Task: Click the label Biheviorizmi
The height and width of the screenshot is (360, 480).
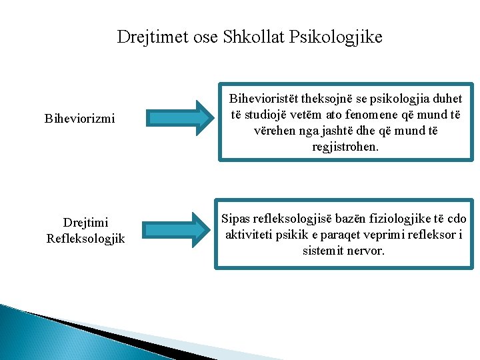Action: tap(79, 119)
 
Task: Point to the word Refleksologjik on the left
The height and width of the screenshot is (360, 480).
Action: tap(85, 238)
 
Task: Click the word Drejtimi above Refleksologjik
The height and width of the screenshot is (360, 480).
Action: tap(85, 222)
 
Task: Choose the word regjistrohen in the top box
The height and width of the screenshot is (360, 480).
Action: tap(345, 147)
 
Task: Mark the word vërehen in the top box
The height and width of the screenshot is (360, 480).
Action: tap(274, 131)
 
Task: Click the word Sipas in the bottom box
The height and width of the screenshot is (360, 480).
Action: tap(237, 219)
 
